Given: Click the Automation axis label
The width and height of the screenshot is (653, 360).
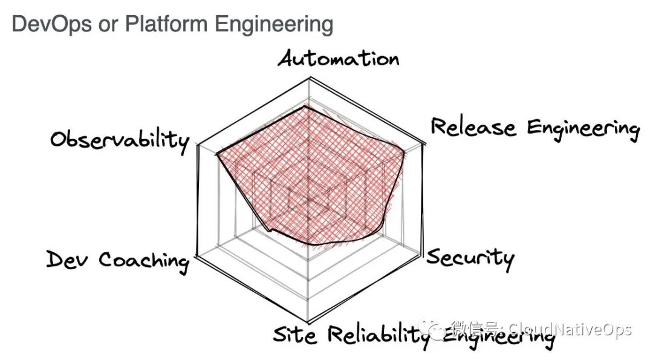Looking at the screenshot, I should point(339,59).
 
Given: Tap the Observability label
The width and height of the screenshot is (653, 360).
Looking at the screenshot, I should point(119,140).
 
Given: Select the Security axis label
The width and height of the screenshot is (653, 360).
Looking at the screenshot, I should point(470,258).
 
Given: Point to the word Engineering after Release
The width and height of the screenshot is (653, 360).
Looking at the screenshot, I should point(583,129).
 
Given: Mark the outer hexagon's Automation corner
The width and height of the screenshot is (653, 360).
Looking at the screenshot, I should point(310,77).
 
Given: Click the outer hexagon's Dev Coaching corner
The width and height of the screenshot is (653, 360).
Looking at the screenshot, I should point(197,256).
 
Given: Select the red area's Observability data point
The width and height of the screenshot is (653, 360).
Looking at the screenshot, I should point(216,154).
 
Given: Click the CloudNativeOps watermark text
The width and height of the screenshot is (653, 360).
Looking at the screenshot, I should point(568,330).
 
